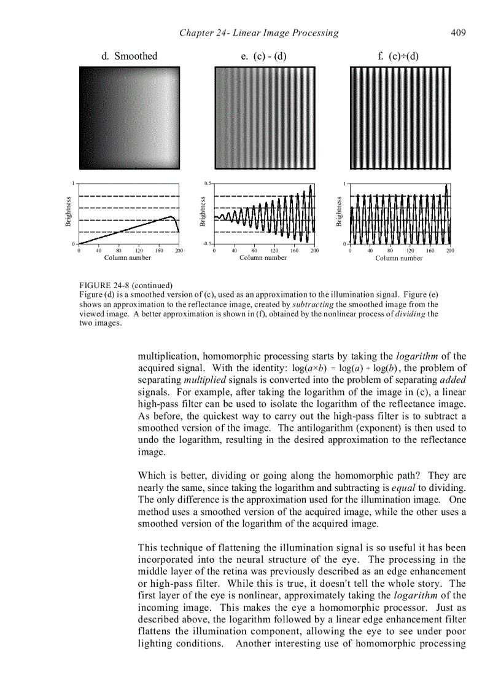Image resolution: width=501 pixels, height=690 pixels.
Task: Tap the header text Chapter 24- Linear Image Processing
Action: (258, 33)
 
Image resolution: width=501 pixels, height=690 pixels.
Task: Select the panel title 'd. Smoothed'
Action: (129, 57)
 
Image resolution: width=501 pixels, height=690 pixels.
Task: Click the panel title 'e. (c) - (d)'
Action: (264, 57)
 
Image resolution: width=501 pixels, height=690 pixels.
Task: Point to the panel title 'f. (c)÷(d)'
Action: (398, 57)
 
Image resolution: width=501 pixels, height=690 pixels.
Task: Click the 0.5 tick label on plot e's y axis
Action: (208, 183)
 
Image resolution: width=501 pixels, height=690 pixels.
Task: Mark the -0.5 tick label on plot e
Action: (208, 244)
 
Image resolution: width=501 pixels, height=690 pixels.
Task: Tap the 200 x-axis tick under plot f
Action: (450, 251)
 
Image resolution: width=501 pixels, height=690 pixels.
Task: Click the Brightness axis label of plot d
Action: (69, 212)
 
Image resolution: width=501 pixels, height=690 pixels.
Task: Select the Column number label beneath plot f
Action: (399, 258)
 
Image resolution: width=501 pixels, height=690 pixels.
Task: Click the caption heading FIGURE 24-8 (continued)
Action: (126, 285)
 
